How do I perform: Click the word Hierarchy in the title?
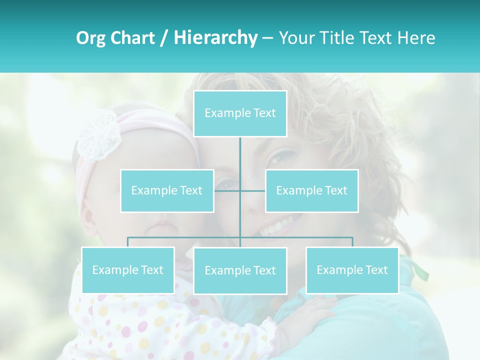pos(215,38)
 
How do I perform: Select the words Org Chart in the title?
pos(115,38)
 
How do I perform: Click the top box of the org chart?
pos(240,113)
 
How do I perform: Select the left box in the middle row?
pos(167,190)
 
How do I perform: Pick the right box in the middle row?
pos(311,190)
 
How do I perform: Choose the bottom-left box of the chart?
pos(128,270)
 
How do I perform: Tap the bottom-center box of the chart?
pos(240,270)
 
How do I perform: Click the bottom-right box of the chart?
pos(352,270)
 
